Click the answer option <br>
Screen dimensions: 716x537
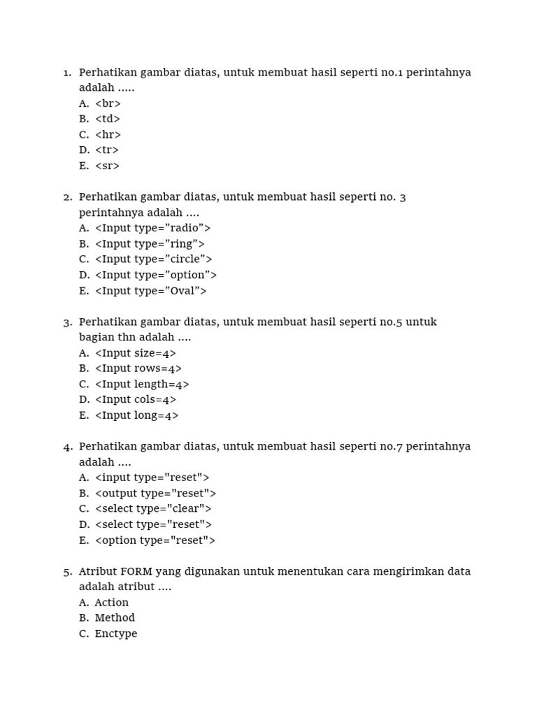(108, 103)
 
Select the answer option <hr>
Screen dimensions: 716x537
(108, 135)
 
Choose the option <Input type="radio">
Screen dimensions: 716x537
(152, 228)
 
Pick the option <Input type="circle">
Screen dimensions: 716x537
(153, 259)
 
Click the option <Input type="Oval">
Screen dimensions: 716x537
(150, 291)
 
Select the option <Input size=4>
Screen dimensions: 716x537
(136, 353)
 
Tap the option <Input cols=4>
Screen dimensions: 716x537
(136, 399)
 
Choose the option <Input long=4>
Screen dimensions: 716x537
(136, 415)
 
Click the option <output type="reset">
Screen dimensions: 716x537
(155, 493)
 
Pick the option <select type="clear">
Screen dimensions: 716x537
(153, 508)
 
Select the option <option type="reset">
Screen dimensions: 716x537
(155, 540)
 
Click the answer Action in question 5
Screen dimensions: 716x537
(112, 602)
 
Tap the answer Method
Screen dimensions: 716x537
(115, 617)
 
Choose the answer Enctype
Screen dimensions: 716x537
(116, 633)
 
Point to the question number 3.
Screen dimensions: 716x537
(67, 322)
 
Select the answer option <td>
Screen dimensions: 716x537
(108, 119)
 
